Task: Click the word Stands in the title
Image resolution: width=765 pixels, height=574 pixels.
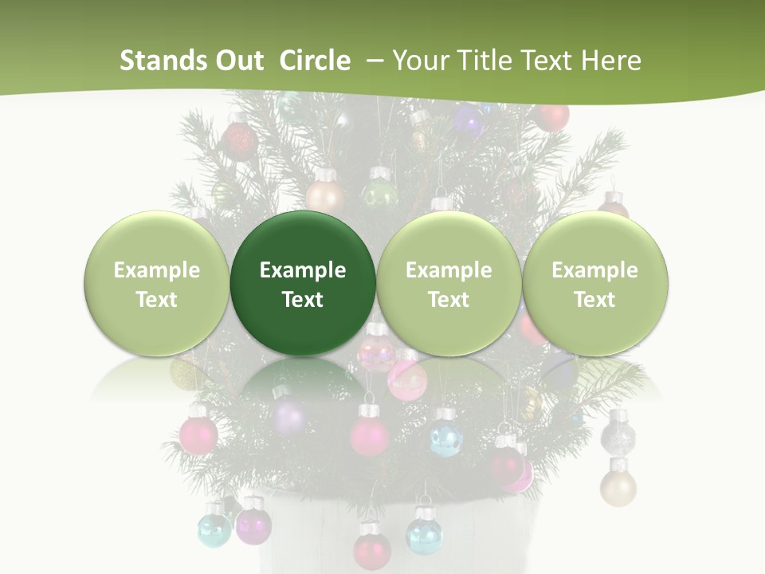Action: click(155, 61)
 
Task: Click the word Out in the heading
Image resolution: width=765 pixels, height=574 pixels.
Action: click(237, 61)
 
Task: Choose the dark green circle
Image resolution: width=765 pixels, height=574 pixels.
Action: click(303, 284)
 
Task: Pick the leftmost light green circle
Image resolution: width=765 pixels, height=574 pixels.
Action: click(156, 284)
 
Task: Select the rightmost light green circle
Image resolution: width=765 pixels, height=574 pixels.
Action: click(594, 284)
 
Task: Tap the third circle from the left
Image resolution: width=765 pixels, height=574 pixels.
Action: click(449, 284)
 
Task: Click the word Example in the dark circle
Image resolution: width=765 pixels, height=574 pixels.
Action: click(303, 270)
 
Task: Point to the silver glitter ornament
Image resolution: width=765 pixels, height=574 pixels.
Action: click(618, 435)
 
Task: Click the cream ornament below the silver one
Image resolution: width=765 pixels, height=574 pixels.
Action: click(618, 486)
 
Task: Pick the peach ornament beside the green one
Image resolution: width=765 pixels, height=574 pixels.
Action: click(324, 195)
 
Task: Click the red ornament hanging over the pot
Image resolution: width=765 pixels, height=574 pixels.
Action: click(371, 549)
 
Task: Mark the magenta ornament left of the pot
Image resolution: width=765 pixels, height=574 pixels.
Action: click(253, 525)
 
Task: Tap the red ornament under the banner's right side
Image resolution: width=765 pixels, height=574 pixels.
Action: click(552, 116)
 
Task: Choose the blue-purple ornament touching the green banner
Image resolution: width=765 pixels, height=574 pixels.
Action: click(469, 120)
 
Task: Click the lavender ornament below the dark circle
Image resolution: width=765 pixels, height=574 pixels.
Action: click(288, 415)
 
